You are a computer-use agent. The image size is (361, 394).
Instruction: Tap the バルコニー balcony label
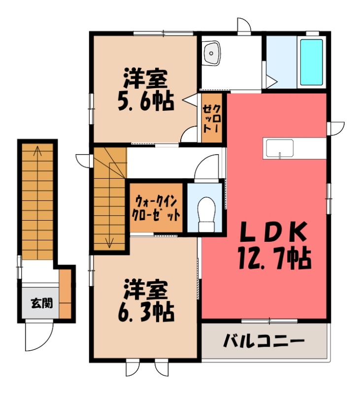(264, 340)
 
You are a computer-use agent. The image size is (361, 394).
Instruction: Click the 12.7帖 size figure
(274, 257)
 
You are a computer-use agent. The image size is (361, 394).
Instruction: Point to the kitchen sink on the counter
(280, 147)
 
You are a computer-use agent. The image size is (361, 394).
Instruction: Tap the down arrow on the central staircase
(109, 241)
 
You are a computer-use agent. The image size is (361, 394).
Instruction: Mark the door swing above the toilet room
(206, 167)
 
